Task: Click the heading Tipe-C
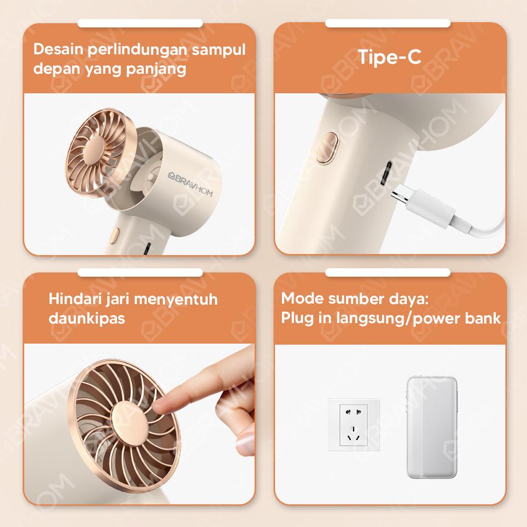pyautogui.click(x=390, y=57)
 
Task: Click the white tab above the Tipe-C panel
pyautogui.click(x=387, y=24)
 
